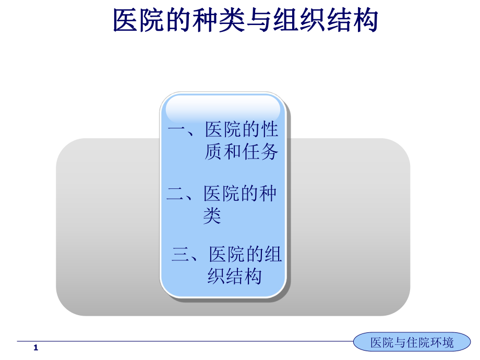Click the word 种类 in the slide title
coord(219,20)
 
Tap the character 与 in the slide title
coord(259,20)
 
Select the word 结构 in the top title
coord(352,20)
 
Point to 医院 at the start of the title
coord(139,20)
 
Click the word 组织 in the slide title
coord(299,20)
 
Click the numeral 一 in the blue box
coord(177,130)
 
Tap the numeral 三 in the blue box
coord(181,254)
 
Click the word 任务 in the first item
coord(260,151)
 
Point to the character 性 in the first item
coord(269,129)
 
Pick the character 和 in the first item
coord(233,151)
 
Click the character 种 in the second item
coord(268,194)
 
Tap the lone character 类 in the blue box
coord(212,215)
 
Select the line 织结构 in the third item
coord(235,276)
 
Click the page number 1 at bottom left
coord(36,347)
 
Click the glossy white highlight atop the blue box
coord(223,109)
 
